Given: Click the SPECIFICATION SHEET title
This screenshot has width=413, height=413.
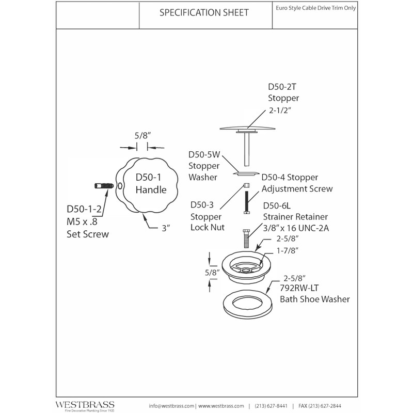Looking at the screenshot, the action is point(204,12).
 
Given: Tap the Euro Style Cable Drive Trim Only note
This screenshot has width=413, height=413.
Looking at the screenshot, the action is point(316,8).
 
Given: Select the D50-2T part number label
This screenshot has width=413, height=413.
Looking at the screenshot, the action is point(282,87).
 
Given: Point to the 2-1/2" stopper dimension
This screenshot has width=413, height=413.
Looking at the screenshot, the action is point(280,110).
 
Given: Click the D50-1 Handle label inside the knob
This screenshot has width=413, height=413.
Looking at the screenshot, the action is point(151,183).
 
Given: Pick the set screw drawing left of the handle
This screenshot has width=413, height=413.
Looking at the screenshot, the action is point(104,186).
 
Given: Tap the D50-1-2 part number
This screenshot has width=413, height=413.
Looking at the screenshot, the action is point(84,209).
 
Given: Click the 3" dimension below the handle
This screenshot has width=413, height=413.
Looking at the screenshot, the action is point(166,228).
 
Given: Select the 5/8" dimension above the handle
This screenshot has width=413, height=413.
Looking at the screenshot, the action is point(142,136).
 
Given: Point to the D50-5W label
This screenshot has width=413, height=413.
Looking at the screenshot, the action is point(204,154).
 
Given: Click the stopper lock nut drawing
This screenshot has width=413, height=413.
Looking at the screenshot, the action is point(247,185).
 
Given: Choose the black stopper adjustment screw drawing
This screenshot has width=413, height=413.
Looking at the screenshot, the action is point(247,202).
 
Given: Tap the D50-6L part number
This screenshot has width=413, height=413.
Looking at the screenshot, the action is point(277,205).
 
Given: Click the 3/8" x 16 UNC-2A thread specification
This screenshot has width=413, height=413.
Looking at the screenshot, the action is point(296,228).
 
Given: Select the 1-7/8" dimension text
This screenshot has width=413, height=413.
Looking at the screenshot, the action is point(288,250).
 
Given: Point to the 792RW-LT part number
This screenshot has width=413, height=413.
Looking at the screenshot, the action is point(299,288).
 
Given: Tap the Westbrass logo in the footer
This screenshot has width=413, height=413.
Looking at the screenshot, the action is point(85,406).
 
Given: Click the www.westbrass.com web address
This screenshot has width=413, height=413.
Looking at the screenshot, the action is point(221,406).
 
